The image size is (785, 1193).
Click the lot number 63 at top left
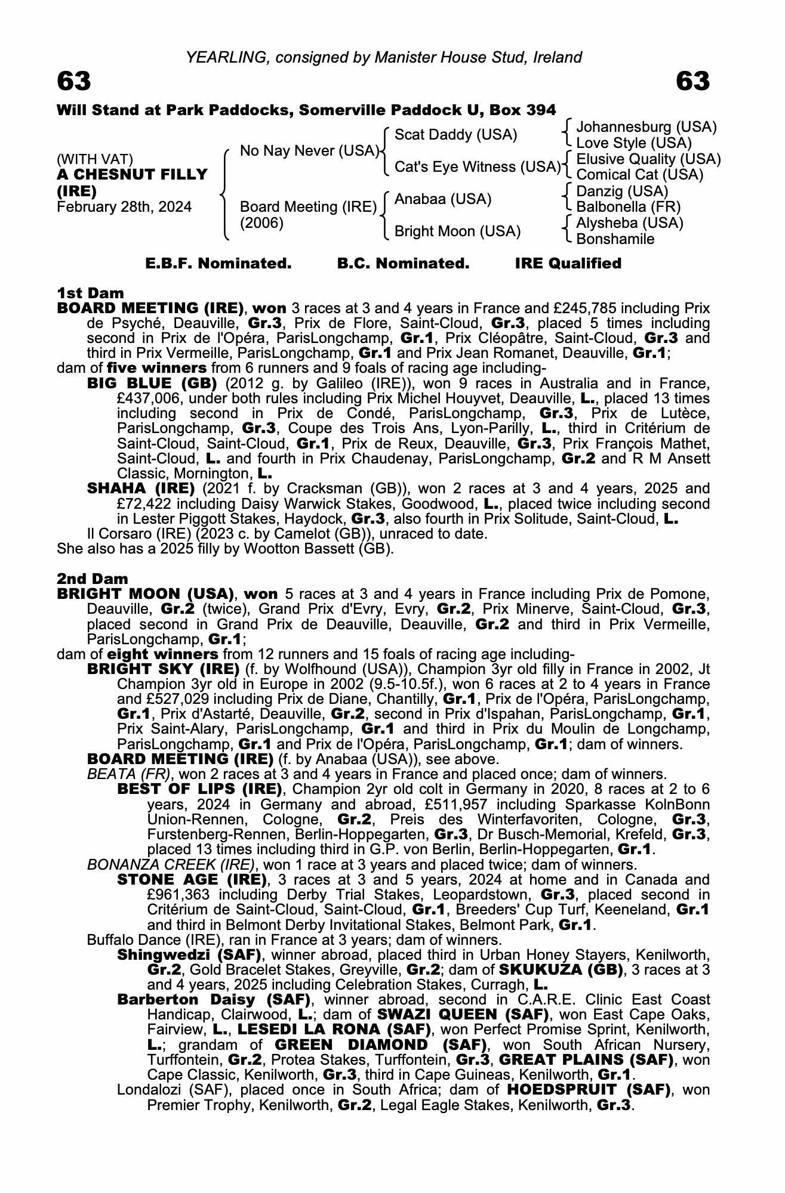pos(74,81)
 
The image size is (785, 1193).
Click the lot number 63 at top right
pos(693,81)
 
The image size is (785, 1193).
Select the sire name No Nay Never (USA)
pos(309,151)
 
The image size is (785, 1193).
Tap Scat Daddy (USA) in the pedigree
pos(455,135)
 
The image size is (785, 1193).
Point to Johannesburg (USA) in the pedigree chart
pos(646,127)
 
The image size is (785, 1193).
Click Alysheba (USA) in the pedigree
pos(629,223)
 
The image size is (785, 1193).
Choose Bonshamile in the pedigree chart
pos(615,239)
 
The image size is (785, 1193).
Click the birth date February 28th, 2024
pos(124,207)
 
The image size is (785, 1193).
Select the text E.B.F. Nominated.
pos(218,264)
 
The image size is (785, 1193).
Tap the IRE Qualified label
pos(568,264)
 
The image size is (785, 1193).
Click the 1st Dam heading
pos(90,293)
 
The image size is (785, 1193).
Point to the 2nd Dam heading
pos(92,579)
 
